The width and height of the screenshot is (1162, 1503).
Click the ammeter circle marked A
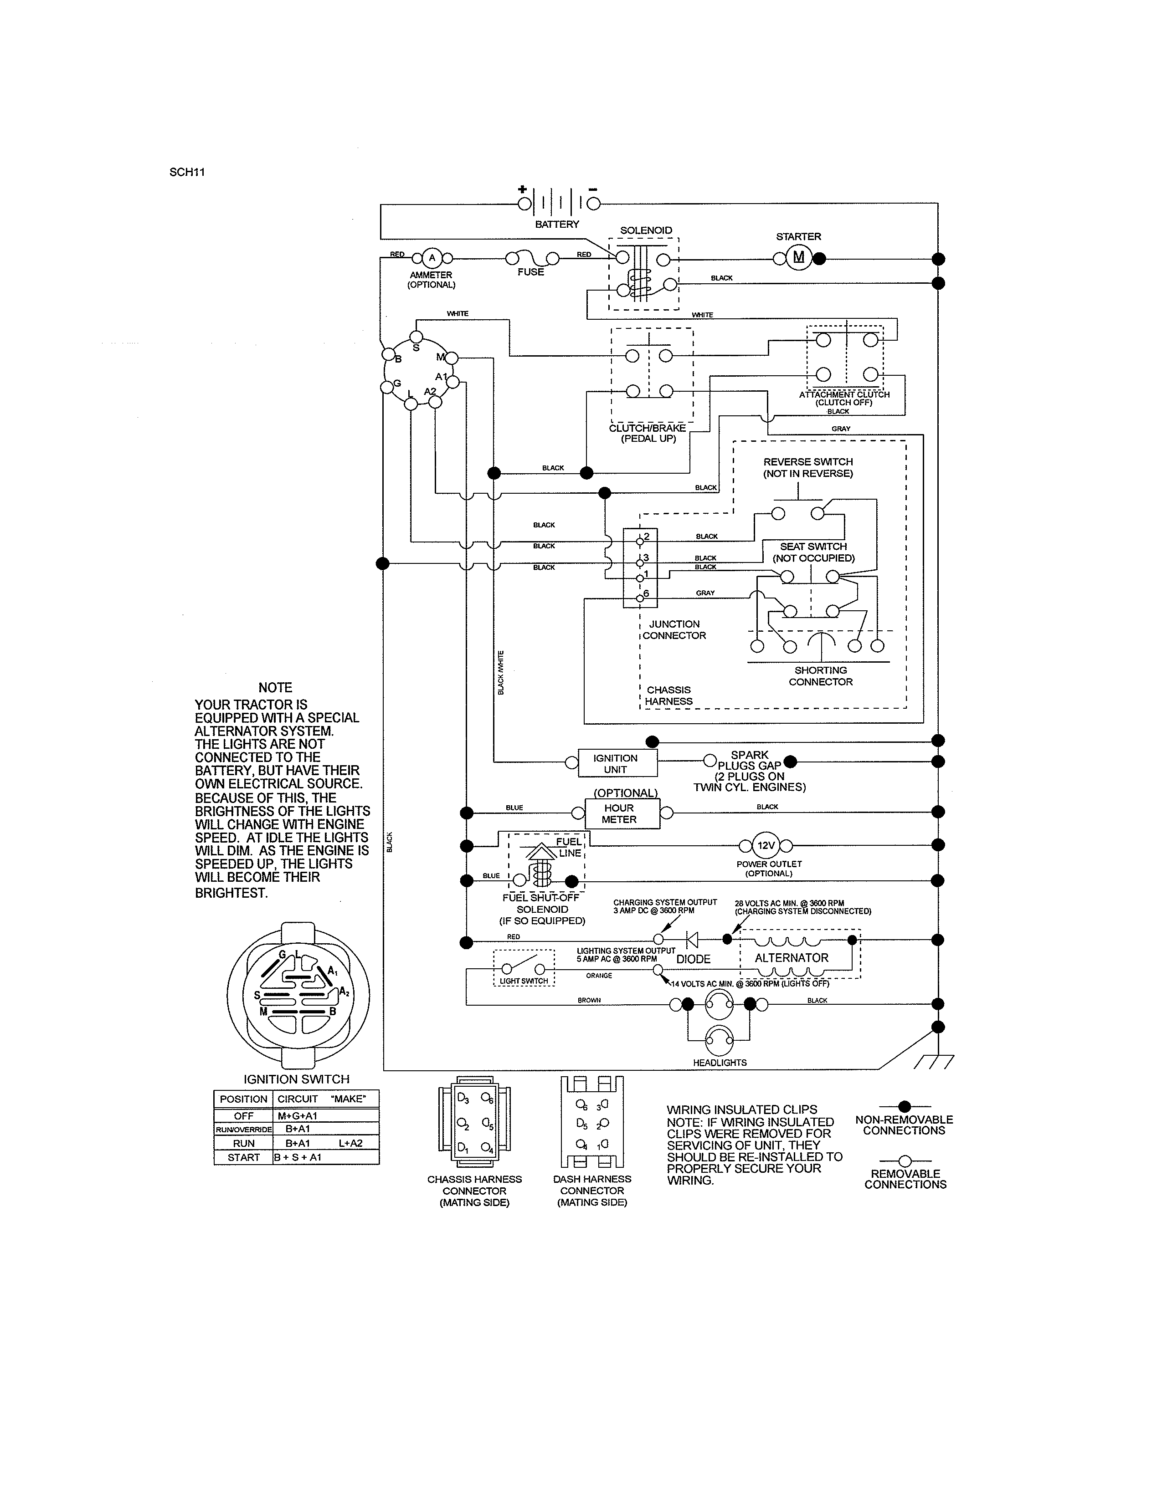[432, 258]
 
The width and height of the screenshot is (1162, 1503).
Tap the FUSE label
[531, 272]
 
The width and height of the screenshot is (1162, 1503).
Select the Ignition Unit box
[616, 763]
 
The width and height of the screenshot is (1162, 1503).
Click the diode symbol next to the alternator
[692, 939]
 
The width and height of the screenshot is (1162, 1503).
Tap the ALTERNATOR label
[792, 957]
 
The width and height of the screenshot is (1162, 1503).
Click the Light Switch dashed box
[524, 968]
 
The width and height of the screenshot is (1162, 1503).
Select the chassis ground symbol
[935, 1062]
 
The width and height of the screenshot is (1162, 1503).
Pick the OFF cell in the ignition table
[244, 1115]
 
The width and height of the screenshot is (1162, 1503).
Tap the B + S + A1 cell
[298, 1157]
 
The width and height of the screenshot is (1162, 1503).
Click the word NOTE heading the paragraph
[275, 687]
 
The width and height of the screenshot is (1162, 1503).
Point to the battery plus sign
[523, 189]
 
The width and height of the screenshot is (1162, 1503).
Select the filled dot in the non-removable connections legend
[905, 1106]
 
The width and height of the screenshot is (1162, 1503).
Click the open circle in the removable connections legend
[905, 1160]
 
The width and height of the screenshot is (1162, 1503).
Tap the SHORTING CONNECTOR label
[821, 676]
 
